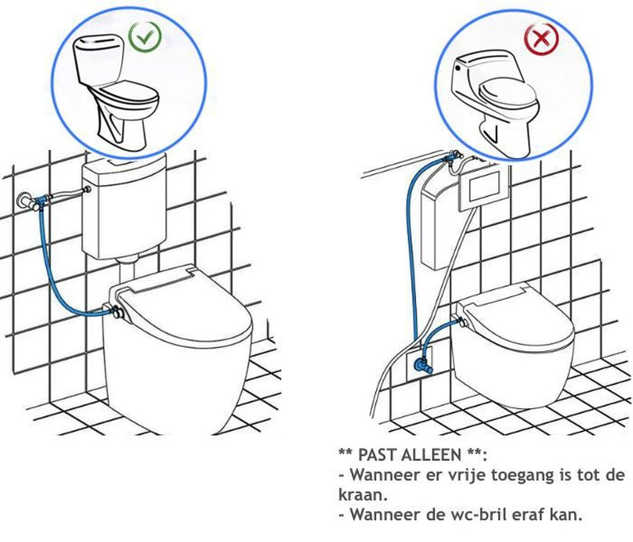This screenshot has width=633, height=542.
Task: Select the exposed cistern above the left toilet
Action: pos(123,206)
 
